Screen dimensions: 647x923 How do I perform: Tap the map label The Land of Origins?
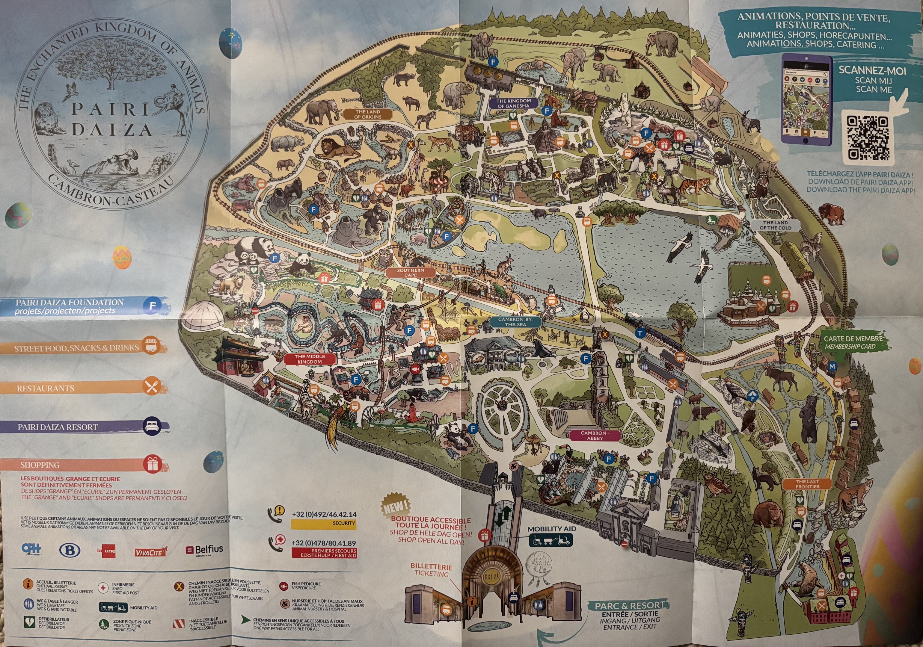[x=367, y=114]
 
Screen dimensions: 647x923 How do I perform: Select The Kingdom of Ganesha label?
[x=513, y=103]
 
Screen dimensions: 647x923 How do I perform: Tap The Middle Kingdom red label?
[x=310, y=359]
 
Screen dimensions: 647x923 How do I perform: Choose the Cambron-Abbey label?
[x=595, y=436]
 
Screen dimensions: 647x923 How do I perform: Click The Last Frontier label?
[x=807, y=484]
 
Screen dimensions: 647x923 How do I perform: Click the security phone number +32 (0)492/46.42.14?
[x=324, y=514]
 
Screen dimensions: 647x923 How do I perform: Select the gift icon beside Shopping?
[x=152, y=464]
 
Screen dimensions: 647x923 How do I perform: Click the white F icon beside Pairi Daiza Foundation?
[x=152, y=306]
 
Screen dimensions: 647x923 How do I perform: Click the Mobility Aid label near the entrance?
[x=551, y=529]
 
